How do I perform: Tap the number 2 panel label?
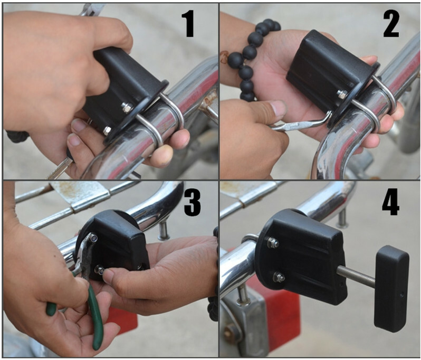point(391,24)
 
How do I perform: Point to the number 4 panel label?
point(390,203)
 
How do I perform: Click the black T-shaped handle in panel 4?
point(392,287)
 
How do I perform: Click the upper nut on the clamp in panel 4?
point(273,243)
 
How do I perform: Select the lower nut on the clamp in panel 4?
point(279,277)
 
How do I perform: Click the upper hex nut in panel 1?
point(127,107)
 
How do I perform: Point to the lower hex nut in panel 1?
point(108,130)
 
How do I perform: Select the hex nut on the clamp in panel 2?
point(342,94)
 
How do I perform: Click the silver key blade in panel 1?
point(60,168)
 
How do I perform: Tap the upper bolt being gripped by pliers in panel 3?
point(94,238)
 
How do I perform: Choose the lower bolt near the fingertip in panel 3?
point(100,269)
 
